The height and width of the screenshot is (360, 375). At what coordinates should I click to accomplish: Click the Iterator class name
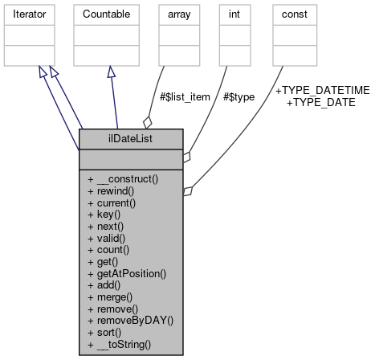[27, 14]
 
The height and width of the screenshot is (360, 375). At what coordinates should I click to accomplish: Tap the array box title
[178, 14]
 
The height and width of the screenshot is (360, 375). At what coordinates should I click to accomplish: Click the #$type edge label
[239, 96]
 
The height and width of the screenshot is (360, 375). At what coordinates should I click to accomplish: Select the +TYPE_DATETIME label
[315, 92]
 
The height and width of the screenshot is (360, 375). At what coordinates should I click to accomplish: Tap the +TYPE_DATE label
[320, 103]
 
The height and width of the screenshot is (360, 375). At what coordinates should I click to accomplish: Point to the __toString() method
[120, 343]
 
